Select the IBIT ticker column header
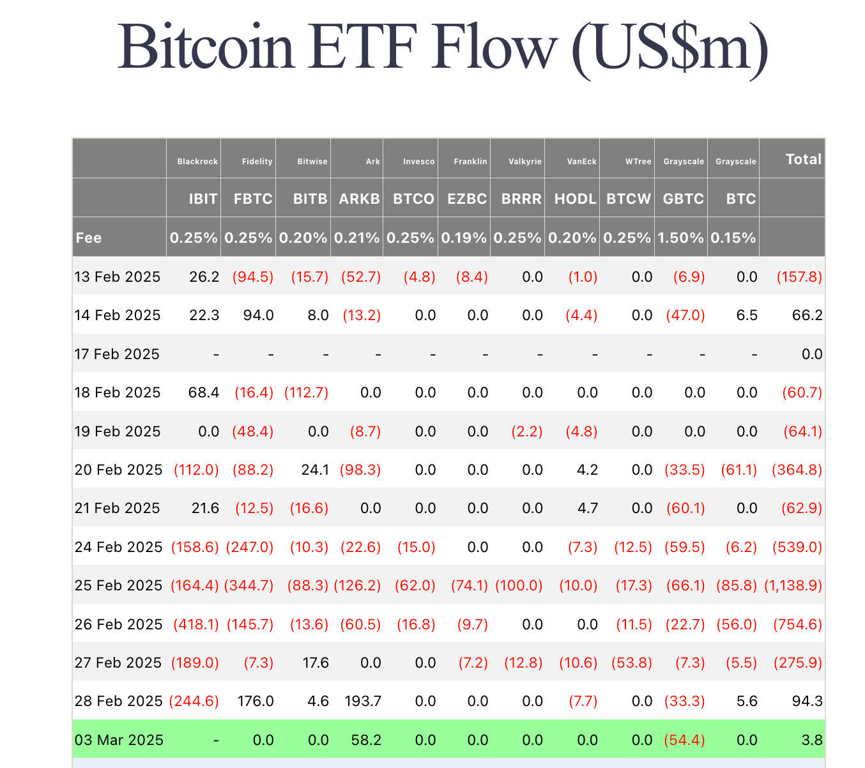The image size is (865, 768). click(203, 199)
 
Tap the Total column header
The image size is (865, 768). click(803, 159)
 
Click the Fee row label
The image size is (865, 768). click(89, 238)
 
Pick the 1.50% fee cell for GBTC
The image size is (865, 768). click(681, 238)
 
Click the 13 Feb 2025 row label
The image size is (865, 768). click(118, 277)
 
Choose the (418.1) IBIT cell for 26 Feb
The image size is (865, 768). click(196, 624)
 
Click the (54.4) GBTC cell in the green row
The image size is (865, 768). click(685, 740)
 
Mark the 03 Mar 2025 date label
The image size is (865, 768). click(119, 740)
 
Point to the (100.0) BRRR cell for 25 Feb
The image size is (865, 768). click(519, 585)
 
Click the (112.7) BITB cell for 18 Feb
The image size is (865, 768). click(307, 392)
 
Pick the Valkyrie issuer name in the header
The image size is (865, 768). click(525, 162)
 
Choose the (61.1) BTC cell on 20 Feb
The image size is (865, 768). click(739, 470)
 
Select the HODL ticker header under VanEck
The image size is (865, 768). click(575, 199)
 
